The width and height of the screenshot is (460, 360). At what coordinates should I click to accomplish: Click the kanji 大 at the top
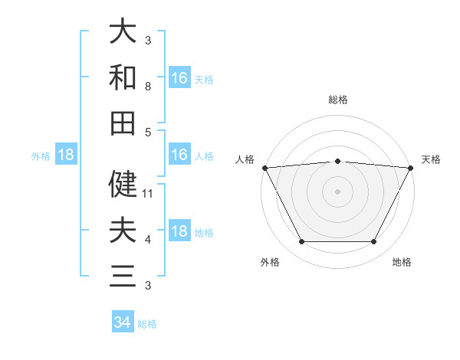pos(123,31)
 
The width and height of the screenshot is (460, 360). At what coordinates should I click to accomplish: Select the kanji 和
pos(123,77)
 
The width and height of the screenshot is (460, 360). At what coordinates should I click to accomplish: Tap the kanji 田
pos(123,123)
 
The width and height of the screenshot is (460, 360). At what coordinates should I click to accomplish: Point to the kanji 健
pos(123,184)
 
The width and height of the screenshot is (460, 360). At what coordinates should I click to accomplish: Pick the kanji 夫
pos(123,230)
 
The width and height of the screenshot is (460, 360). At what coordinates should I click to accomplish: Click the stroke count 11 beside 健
pos(149,194)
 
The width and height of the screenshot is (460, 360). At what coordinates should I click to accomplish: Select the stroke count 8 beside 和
pos(148,87)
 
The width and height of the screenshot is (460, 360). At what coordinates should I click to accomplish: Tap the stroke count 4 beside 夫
pos(148,240)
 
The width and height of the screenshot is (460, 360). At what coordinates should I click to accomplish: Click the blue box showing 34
pos(123,322)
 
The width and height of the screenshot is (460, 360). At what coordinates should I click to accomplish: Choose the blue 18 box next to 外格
pos(66,155)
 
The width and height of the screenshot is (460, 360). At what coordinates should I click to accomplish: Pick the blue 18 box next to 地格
pos(179,232)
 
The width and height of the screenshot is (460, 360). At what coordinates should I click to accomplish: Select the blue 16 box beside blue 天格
pos(179,78)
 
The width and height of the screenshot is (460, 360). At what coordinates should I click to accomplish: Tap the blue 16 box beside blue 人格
pos(179,155)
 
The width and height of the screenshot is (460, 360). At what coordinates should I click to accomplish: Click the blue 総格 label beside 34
pos(147,324)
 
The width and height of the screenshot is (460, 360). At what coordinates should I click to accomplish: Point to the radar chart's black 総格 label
pos(337,100)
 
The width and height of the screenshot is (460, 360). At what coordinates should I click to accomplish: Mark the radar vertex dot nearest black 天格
pos(411,167)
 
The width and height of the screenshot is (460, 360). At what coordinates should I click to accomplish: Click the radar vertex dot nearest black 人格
pos(264,167)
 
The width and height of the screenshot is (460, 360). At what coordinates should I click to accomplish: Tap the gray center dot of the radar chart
pos(337,191)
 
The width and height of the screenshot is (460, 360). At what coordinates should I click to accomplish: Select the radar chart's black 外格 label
pos(270,263)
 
